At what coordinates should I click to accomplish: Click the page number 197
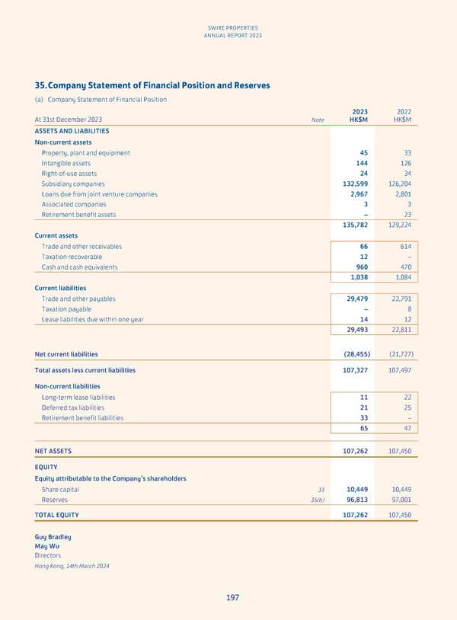pyautogui.click(x=232, y=597)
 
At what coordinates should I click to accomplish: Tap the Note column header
pyautogui.click(x=318, y=120)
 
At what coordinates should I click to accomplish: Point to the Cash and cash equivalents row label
pyautogui.click(x=77, y=267)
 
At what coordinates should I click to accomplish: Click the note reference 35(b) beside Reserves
pyautogui.click(x=316, y=500)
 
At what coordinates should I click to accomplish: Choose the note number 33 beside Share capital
pyautogui.click(x=321, y=489)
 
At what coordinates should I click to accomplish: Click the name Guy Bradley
pyautogui.click(x=53, y=537)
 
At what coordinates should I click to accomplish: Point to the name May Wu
pyautogui.click(x=47, y=546)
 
